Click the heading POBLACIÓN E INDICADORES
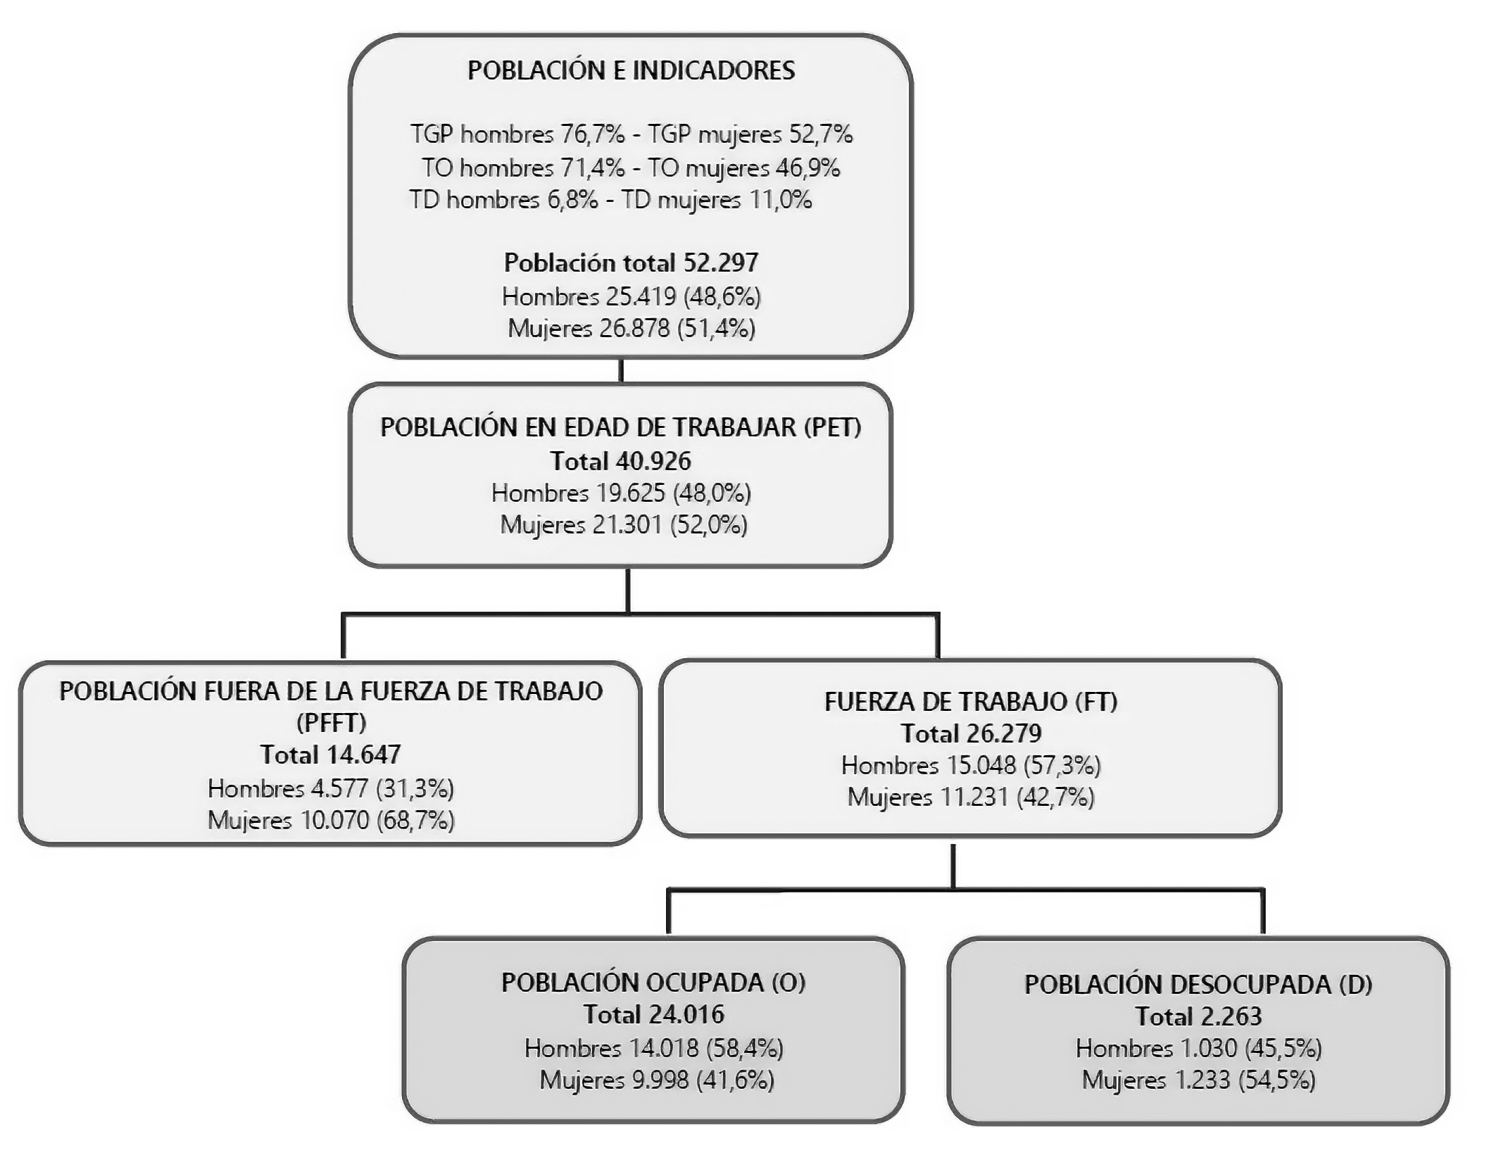tap(631, 70)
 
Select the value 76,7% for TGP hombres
tap(592, 134)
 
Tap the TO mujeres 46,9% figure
tap(808, 168)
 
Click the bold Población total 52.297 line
tap(631, 263)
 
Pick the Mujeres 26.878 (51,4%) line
tap(631, 328)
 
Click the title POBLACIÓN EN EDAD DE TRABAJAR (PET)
tap(620, 427)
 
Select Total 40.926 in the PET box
tap(620, 461)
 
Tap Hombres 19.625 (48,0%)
tap(620, 493)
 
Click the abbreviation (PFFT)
tap(331, 722)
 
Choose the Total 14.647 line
tap(330, 755)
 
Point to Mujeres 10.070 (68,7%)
tap(331, 820)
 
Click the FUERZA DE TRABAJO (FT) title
tap(970, 701)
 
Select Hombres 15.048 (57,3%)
tap(970, 765)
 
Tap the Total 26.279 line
tap(970, 733)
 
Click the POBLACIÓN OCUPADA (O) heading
tap(653, 982)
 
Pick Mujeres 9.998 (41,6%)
tap(656, 1080)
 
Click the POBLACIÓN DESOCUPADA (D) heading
tap(1198, 984)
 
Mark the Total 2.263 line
tap(1198, 1016)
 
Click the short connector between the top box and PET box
tap(621, 370)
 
